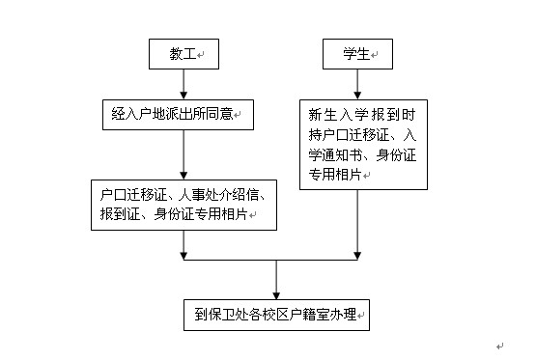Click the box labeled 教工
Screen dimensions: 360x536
pyautogui.click(x=183, y=55)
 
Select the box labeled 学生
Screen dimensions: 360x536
pyautogui.click(x=356, y=55)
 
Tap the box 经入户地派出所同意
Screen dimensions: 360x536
pyautogui.click(x=175, y=114)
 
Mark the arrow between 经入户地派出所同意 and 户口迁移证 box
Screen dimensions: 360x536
pyautogui.click(x=183, y=155)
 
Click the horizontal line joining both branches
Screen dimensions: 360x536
pyautogui.click(x=270, y=259)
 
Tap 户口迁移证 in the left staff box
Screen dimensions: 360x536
pyautogui.click(x=127, y=196)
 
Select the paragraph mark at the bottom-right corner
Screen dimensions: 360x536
pyautogui.click(x=499, y=346)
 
